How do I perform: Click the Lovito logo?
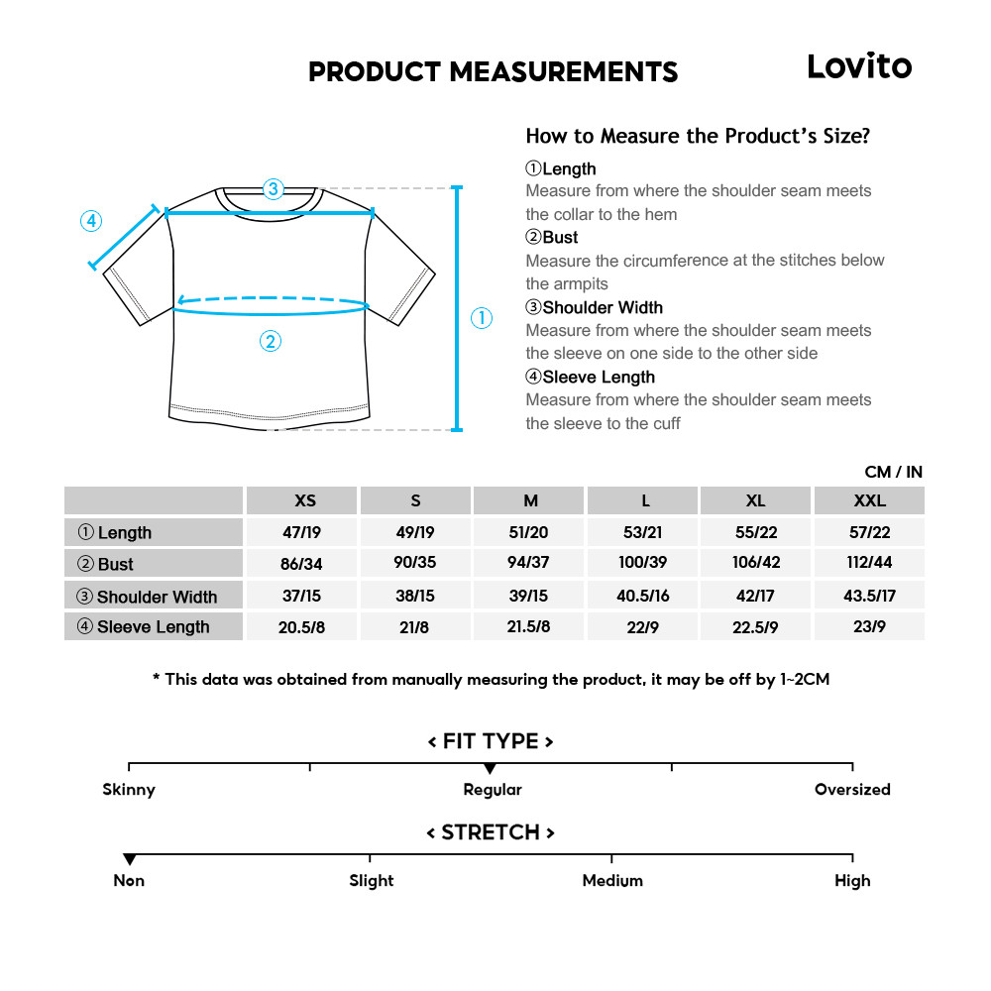click(x=858, y=66)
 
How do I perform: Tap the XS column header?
click(x=305, y=500)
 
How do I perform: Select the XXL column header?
click(x=869, y=500)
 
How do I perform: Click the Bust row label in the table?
click(x=115, y=564)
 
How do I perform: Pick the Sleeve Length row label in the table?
click(x=153, y=626)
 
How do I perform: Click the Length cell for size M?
click(x=528, y=532)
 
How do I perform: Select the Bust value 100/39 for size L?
click(x=643, y=563)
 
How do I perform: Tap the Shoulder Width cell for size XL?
click(x=756, y=596)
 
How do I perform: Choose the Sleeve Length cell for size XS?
click(x=302, y=627)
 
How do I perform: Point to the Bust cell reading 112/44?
click(x=869, y=563)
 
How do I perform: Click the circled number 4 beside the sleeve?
click(x=91, y=221)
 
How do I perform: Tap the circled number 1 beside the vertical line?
click(x=481, y=318)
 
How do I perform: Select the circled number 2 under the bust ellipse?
click(x=271, y=342)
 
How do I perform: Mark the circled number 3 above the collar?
click(x=274, y=188)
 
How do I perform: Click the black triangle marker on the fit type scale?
click(x=490, y=769)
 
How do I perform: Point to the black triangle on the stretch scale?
click(x=130, y=859)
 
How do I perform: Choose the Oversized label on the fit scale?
click(x=852, y=790)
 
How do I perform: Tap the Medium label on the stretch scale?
click(x=612, y=881)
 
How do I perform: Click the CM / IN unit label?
click(x=893, y=472)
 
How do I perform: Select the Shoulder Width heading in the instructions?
click(x=595, y=307)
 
